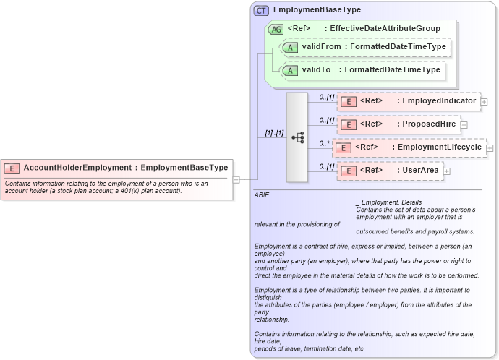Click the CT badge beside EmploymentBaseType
pos(261,11)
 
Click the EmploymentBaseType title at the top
pos(317,10)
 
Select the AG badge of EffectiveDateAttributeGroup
pos(276,30)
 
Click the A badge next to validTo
pos(290,70)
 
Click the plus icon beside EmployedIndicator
pos(484,102)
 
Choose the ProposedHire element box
pos(399,124)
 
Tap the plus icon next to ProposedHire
pos(464,124)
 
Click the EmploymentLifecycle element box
pos(409,147)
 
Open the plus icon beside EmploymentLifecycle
pos(490,147)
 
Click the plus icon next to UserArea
pos(446,171)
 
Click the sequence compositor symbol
pos(297,137)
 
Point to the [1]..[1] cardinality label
pos(273,133)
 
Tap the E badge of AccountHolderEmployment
pos(12,168)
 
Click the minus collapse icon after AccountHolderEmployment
pos(235,179)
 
